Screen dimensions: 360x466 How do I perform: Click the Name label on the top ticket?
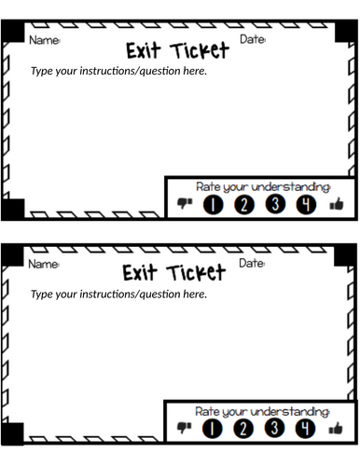point(45,40)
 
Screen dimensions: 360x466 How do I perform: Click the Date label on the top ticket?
point(253,39)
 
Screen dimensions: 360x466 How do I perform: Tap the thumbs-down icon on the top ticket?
point(185,203)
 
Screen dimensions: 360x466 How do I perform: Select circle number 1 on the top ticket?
point(213,205)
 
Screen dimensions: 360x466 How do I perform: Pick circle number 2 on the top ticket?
point(244,205)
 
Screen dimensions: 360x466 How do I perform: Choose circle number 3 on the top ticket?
point(275,204)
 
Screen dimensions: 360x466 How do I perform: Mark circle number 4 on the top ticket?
point(306,204)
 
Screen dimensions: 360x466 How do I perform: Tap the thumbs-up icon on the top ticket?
point(337,204)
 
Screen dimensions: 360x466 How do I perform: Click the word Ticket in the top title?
point(200,50)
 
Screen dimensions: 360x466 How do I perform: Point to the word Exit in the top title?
point(144,50)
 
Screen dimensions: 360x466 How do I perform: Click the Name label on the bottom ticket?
point(44,264)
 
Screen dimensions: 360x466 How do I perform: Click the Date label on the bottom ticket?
point(252,263)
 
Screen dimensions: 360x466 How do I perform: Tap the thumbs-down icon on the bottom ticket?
point(184,428)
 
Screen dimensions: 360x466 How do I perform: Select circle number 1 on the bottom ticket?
point(213,429)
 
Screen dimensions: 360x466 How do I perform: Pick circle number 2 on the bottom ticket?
point(243,429)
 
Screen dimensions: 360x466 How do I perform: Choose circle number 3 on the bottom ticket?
point(274,428)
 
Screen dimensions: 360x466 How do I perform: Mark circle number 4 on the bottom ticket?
point(305,428)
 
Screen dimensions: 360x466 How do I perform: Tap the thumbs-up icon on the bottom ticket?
point(336,428)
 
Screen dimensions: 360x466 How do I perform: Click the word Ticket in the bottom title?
point(196,273)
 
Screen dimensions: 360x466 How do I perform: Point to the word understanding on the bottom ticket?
point(290,412)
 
